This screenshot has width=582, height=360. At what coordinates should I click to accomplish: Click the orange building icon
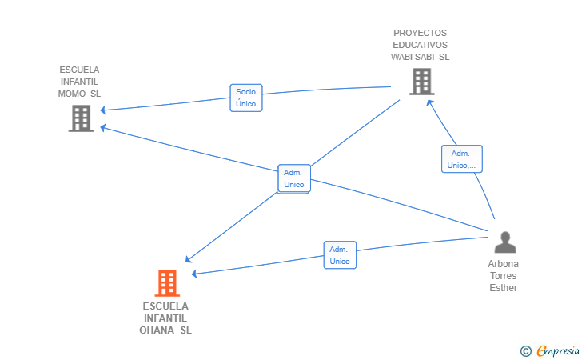click(x=167, y=283)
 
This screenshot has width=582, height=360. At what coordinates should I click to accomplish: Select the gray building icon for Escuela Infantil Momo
click(x=81, y=118)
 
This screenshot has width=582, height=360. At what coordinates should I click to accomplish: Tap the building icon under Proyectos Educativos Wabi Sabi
click(x=422, y=82)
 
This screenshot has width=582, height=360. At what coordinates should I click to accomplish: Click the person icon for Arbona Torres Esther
click(x=505, y=242)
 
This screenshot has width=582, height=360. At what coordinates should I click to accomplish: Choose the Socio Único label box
click(x=246, y=98)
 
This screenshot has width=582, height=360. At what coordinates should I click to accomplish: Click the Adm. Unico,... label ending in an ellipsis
click(x=462, y=159)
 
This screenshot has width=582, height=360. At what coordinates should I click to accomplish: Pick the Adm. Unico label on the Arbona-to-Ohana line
click(x=340, y=255)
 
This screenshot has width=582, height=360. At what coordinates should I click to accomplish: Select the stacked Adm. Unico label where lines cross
click(x=294, y=178)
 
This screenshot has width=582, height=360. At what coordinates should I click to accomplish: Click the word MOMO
click(x=72, y=94)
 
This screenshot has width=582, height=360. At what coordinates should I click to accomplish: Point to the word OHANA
click(x=157, y=330)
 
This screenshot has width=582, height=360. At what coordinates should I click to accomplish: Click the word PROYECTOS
click(x=421, y=33)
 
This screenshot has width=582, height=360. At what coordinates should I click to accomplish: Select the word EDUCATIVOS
click(x=421, y=45)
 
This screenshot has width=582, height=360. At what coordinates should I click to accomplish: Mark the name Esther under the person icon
click(x=504, y=288)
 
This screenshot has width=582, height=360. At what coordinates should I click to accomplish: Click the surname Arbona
click(x=504, y=264)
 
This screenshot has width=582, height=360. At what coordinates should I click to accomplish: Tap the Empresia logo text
click(x=558, y=350)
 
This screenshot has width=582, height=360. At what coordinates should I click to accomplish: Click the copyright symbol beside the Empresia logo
click(x=526, y=351)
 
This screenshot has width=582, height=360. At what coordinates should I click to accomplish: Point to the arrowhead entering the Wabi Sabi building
click(x=430, y=103)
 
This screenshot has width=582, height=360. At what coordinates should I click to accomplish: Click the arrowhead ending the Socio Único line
click(x=104, y=110)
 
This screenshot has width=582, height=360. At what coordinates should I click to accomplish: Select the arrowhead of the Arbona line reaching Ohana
click(x=195, y=274)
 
